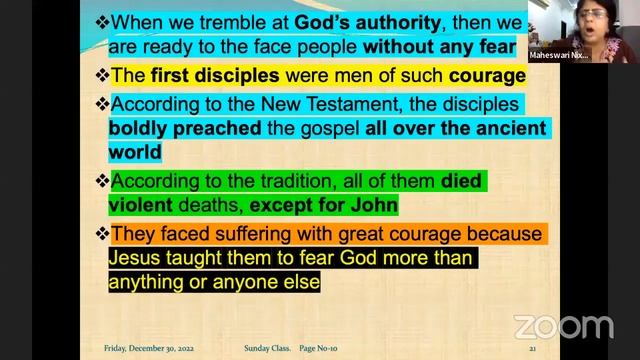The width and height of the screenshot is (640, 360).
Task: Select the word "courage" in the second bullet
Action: [x=475, y=74]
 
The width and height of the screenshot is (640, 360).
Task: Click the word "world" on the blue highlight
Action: [x=136, y=152]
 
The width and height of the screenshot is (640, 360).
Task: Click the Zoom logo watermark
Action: [x=564, y=327]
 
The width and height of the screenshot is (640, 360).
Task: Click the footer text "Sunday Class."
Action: [x=267, y=349]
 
